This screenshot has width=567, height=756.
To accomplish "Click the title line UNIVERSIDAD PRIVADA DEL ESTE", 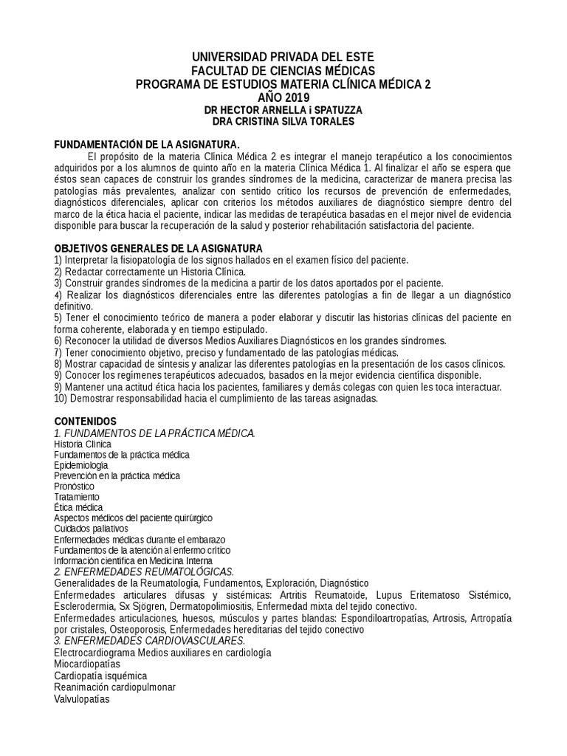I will point(283,57).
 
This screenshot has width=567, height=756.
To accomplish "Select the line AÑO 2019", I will point(283,97).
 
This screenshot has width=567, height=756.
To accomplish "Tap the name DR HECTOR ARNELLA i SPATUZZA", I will point(283,110).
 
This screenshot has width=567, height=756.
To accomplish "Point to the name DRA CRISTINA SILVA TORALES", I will point(283,122).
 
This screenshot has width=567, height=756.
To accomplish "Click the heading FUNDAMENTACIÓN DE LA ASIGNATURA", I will point(148,145).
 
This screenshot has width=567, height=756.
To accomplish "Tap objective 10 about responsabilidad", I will point(216,399).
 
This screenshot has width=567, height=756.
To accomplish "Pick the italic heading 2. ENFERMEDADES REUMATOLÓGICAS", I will point(144,571).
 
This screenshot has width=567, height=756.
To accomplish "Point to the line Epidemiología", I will point(81,466).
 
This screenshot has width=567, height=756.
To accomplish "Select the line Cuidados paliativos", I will point(91,529).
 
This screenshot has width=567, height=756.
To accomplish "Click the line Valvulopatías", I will point(82,699).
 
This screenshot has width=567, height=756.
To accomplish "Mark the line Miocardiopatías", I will point(87,664).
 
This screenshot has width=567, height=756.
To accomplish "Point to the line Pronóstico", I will point(75,487).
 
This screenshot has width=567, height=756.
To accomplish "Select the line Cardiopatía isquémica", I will point(100,676).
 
